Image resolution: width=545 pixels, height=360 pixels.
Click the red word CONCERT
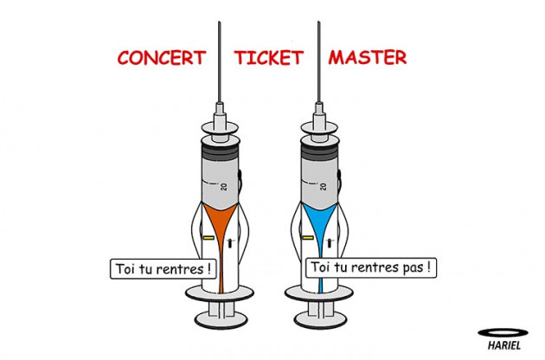[x=162, y=58]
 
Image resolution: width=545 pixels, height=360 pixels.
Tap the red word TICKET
[x=269, y=58]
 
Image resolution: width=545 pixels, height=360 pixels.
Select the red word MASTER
[x=368, y=57]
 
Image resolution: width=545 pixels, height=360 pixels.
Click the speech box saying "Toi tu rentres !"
[x=163, y=269]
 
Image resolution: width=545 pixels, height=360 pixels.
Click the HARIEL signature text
[x=504, y=345]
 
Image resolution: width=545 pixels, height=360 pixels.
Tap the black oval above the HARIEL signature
[x=503, y=333]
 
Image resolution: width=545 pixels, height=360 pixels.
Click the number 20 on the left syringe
[x=224, y=186]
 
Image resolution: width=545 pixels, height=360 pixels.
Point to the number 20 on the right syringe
[x=324, y=186]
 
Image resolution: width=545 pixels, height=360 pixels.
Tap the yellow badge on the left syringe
[x=208, y=238]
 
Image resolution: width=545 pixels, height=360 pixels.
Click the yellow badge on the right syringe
[x=308, y=238]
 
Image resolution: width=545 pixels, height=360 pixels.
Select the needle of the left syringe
[x=220, y=62]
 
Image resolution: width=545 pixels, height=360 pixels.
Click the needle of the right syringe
[x=318, y=62]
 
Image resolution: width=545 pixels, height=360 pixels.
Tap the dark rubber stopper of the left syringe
[x=221, y=151]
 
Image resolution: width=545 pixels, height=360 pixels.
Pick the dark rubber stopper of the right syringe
[x=320, y=151]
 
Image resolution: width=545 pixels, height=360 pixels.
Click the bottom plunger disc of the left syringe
[x=221, y=319]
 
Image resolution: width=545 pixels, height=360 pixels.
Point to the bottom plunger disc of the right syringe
[x=320, y=319]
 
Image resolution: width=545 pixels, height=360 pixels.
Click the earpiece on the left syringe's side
[x=240, y=177]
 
